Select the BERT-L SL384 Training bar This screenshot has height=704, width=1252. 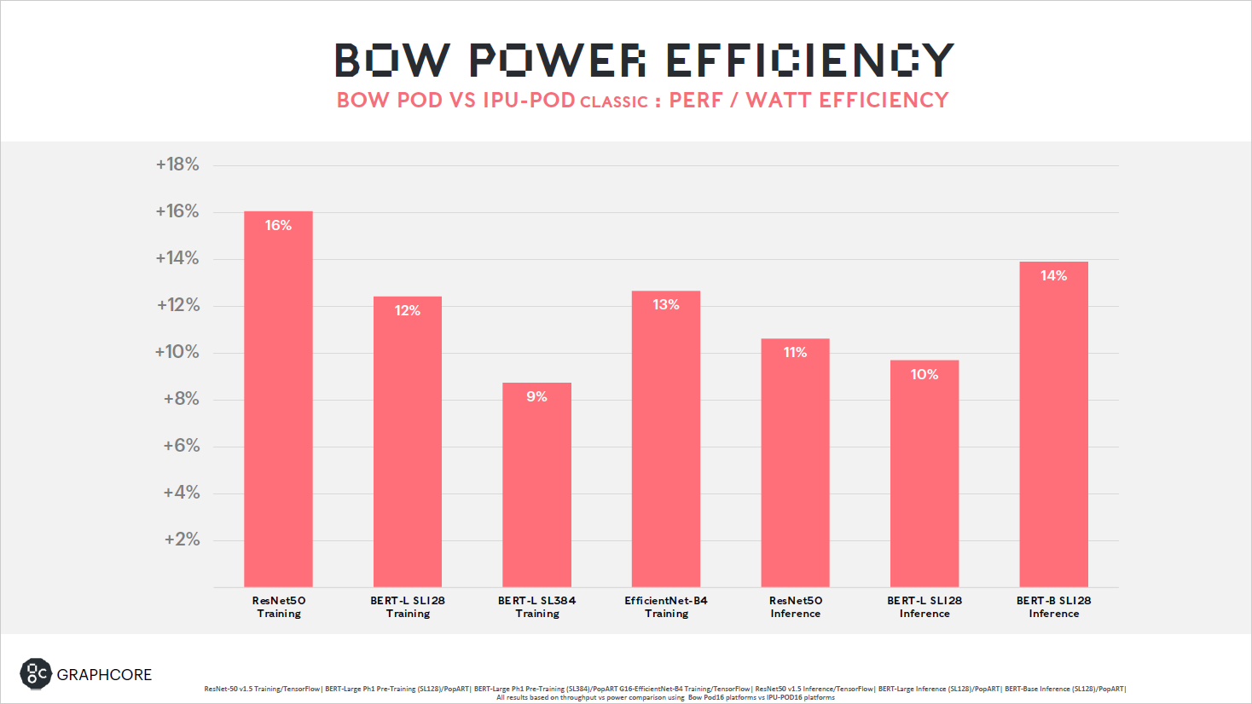[x=536, y=485]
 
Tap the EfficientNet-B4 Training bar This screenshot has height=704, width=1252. [x=665, y=439]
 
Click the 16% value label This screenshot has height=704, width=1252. [x=278, y=225]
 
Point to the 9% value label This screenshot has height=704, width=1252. [x=536, y=396]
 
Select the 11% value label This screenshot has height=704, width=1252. [x=795, y=352]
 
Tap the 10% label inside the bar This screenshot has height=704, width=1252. [x=924, y=374]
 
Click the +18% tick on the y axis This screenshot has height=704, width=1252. [x=177, y=164]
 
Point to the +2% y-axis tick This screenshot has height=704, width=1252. [x=182, y=540]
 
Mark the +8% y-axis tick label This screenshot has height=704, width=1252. [x=181, y=399]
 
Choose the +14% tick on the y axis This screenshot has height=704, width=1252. [x=177, y=258]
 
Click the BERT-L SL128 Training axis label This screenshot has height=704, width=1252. [x=408, y=607]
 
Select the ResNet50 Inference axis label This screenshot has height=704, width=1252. [x=795, y=607]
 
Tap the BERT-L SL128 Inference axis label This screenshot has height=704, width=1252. [x=925, y=607]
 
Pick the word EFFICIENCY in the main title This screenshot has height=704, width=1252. [x=809, y=61]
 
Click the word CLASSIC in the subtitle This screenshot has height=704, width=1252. [x=613, y=102]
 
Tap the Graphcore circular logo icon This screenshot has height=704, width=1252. [x=36, y=674]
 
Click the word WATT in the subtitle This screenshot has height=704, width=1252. [x=779, y=101]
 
